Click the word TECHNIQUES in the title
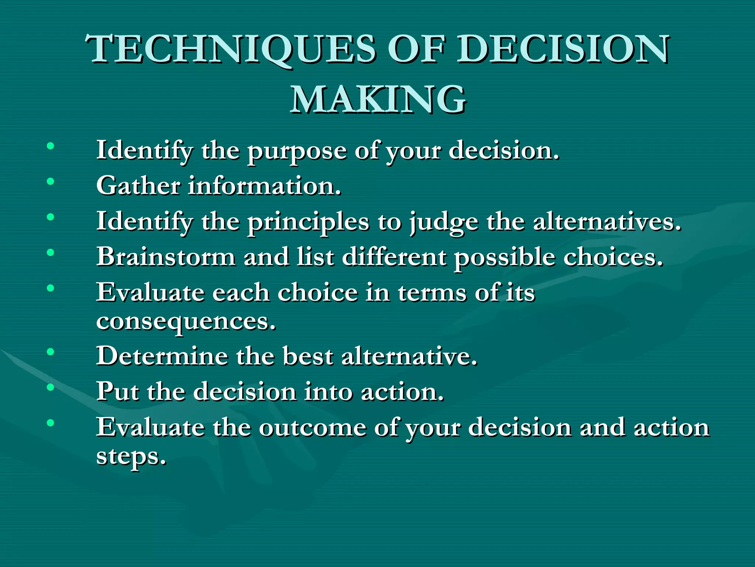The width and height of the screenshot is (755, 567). [232, 49]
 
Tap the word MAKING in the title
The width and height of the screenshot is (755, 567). [378, 99]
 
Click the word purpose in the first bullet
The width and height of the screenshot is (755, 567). [297, 151]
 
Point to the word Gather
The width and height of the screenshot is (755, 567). [138, 185]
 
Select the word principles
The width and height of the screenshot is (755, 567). [308, 222]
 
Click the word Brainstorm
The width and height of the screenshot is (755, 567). [166, 257]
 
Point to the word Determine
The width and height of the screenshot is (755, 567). [162, 356]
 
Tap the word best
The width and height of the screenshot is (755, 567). [308, 356]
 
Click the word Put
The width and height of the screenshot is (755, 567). [118, 391]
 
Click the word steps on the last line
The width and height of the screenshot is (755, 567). [131, 457]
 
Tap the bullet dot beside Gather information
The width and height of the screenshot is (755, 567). [51, 181]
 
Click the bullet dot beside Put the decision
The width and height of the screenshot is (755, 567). [51, 387]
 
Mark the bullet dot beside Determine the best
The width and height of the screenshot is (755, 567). [51, 352]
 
